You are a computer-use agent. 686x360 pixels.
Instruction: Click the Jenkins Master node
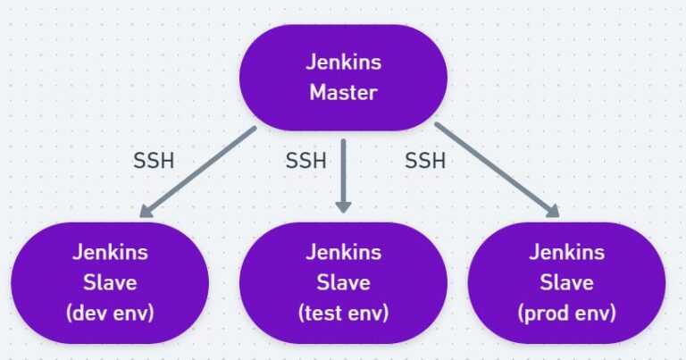click(344, 77)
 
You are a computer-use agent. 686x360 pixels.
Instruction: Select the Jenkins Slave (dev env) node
click(110, 283)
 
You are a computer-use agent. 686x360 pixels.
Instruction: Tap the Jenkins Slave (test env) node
click(344, 283)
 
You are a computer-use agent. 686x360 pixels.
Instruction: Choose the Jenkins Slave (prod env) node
click(566, 283)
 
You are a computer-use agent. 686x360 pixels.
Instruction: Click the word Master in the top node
click(344, 93)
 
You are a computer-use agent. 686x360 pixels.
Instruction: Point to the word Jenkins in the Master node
click(344, 63)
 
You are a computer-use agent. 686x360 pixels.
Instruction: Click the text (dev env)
click(110, 314)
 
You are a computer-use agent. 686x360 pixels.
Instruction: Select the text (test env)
click(344, 314)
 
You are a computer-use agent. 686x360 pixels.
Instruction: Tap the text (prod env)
click(566, 314)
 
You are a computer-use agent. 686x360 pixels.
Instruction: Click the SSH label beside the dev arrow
click(154, 162)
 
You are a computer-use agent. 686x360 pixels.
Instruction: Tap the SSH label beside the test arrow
click(305, 162)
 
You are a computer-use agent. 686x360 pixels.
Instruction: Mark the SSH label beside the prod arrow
click(425, 162)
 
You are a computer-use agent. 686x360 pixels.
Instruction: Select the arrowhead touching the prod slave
click(552, 211)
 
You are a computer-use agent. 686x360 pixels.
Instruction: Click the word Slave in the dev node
click(110, 283)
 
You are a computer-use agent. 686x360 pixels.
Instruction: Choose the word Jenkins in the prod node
click(566, 253)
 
